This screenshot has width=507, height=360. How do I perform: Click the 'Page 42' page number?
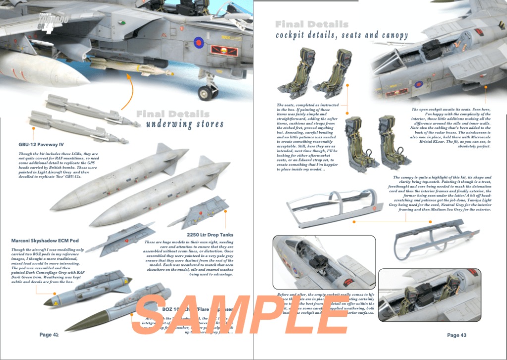[49, 335]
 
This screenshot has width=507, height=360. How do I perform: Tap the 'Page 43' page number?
[456, 335]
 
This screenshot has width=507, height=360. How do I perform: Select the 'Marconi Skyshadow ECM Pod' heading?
[45, 240]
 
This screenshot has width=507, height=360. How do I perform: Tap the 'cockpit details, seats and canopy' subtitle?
[342, 35]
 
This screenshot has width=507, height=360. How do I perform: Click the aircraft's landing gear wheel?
[205, 92]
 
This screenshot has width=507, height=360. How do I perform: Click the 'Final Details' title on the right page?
[312, 24]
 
